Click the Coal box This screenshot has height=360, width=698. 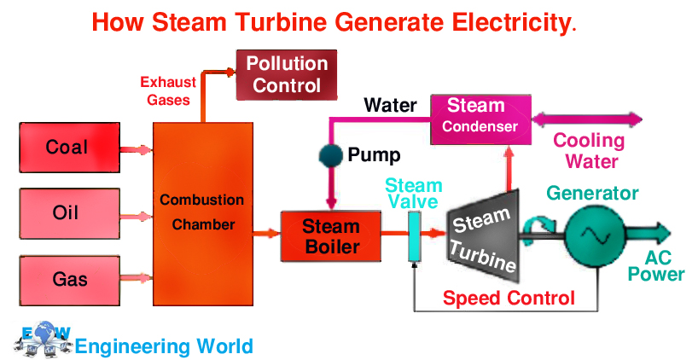pos(67,148)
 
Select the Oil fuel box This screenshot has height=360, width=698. pos(67,213)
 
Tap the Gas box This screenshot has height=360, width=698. pos(67,280)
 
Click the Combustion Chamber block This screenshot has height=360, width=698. pos(203,213)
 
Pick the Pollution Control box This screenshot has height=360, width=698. pos(287,74)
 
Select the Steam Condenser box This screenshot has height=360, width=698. pos(480,117)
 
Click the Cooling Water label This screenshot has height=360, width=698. pos(589,150)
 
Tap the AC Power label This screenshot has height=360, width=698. pos(657,265)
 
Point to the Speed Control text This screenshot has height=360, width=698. pos(509,299)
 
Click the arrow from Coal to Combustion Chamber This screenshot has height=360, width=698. pos(135,149)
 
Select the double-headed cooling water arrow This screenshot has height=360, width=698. pos(588,119)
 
